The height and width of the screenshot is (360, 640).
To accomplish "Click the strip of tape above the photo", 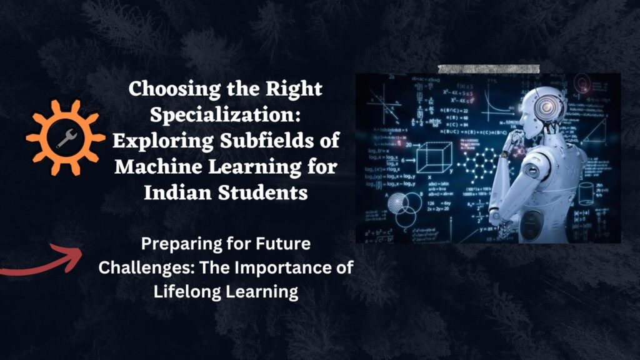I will click(x=488, y=69).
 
